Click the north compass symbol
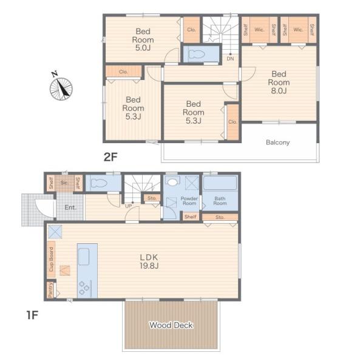click(61, 89)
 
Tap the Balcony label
click(278, 143)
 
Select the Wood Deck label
click(171, 325)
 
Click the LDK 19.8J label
click(149, 261)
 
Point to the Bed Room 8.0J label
click(279, 83)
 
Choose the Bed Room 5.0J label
click(143, 39)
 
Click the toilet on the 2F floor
click(197, 55)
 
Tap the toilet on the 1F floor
click(99, 183)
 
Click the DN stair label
click(230, 59)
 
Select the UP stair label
click(129, 206)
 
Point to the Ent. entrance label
click(70, 207)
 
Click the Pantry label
click(50, 290)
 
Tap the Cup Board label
click(51, 259)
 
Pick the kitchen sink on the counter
click(84, 257)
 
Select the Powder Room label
click(189, 201)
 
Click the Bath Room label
click(220, 201)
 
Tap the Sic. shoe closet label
click(64, 183)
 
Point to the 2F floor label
click(110, 157)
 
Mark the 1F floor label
click(32, 315)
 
